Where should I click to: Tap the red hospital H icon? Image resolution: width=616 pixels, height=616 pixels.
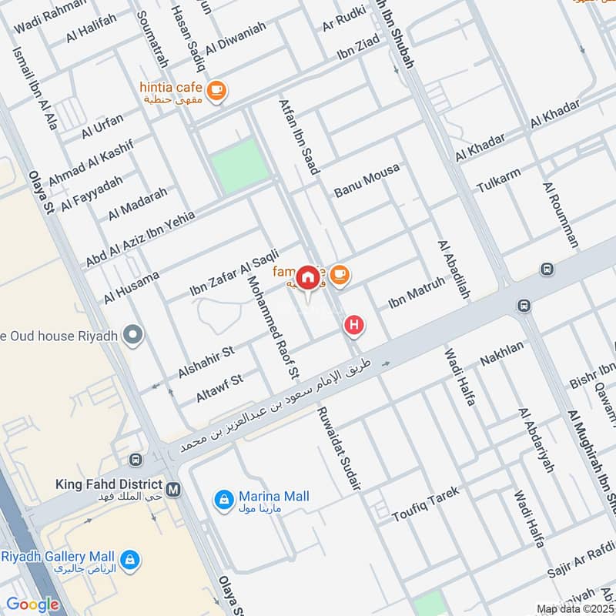[x=354, y=325]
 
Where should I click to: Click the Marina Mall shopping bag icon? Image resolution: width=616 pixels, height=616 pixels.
[x=223, y=500]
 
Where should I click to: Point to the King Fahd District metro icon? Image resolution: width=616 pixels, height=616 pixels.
[x=173, y=488]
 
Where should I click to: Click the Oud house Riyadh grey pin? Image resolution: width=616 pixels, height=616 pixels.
[x=134, y=334]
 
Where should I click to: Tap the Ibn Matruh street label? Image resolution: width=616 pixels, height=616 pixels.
[x=417, y=293]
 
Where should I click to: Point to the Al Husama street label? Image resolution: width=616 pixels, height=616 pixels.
[x=132, y=286]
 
